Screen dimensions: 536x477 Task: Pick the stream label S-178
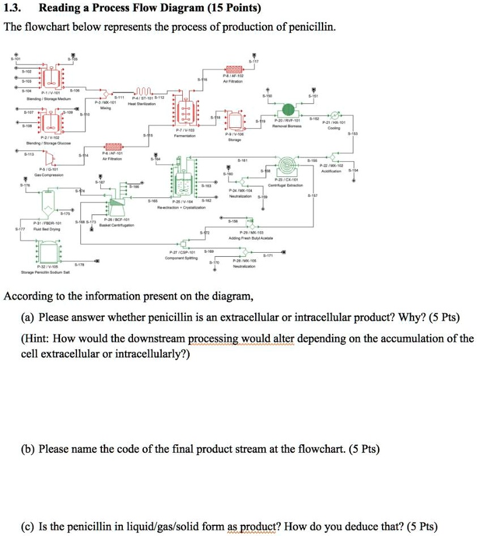(80, 264)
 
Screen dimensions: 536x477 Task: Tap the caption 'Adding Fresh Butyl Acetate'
(251, 238)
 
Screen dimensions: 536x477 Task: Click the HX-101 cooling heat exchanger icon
(333, 113)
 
